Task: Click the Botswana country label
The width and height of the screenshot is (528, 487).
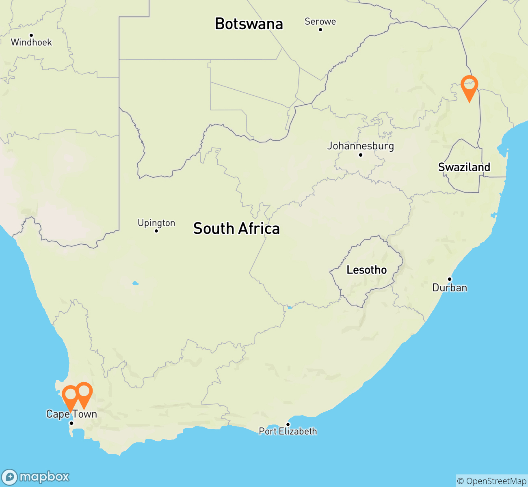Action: (249, 24)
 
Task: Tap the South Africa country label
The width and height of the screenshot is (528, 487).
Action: (236, 229)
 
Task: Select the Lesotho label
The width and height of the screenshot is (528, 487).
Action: (366, 270)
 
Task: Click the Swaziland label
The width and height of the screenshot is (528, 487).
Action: (464, 167)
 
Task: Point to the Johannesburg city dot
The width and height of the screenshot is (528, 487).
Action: (360, 155)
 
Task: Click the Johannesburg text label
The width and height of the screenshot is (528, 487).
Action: (361, 146)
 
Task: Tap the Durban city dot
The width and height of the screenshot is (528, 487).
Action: (450, 279)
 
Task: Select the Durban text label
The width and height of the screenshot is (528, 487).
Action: (450, 288)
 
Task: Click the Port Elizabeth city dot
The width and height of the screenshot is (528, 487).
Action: (288, 425)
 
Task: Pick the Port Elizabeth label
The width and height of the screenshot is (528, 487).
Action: (288, 431)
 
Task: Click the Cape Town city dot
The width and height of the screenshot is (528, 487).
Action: (71, 423)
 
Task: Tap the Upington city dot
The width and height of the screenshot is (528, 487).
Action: (156, 231)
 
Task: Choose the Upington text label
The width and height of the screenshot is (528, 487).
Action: (156, 223)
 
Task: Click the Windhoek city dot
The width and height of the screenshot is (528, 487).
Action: (31, 35)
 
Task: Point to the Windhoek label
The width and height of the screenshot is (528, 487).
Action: (31, 42)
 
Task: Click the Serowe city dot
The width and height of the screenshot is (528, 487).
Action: (320, 29)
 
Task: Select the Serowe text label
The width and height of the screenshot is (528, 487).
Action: (320, 22)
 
